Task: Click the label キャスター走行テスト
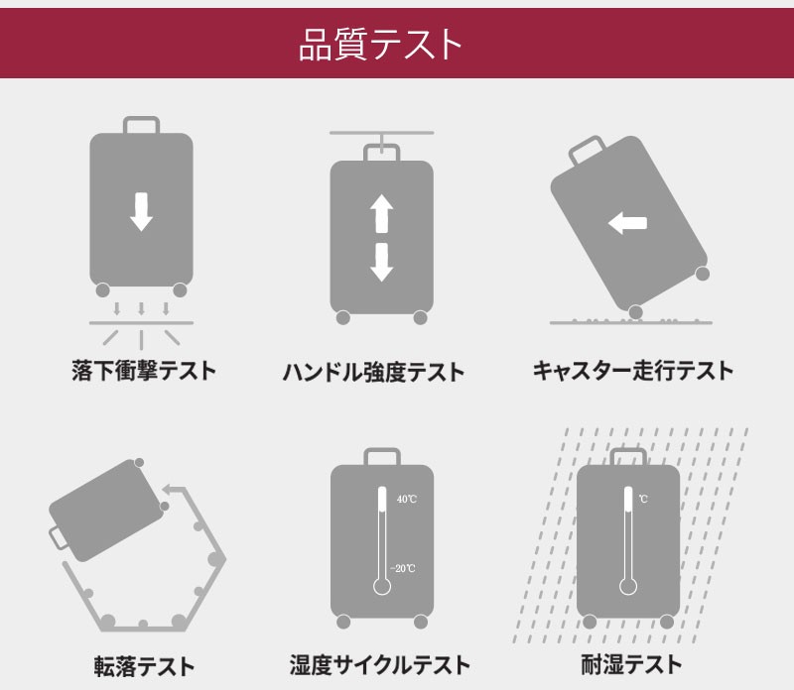pos(633,372)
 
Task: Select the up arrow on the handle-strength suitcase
pos(381,212)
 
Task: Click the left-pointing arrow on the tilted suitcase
pos(627,223)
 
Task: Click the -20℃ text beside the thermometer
pos(403,568)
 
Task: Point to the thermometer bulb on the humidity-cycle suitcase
pos(381,586)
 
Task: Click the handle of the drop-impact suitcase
pos(141,126)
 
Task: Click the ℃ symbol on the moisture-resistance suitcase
pos(643,499)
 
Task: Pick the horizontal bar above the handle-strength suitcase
pos(381,133)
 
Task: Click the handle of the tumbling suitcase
pos(59,538)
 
